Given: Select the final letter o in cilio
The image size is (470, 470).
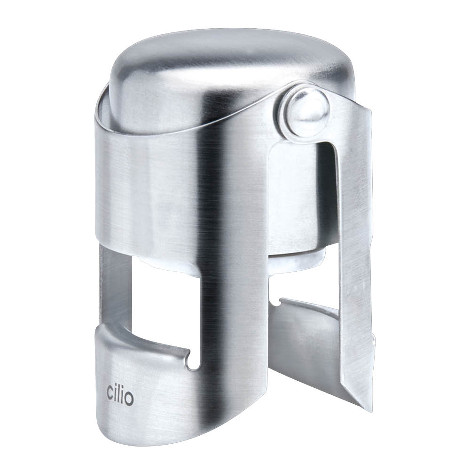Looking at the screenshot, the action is tap(129, 400).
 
